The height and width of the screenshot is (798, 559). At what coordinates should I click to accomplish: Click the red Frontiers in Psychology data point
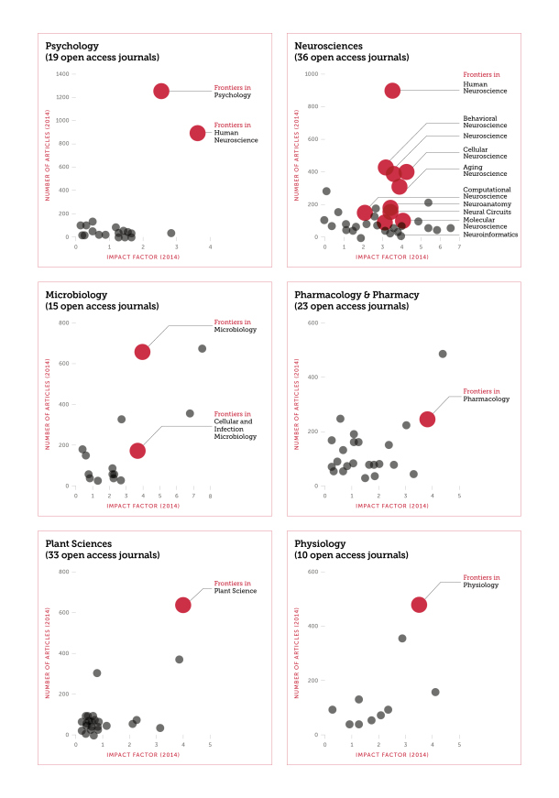(x=161, y=91)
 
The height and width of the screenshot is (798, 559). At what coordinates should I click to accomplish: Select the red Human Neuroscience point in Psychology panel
(x=197, y=133)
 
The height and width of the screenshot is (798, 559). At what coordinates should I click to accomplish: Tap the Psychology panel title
(x=72, y=45)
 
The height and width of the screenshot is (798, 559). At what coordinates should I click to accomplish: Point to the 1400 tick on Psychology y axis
(x=62, y=73)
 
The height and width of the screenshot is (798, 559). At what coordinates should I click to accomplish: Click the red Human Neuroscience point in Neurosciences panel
(x=392, y=91)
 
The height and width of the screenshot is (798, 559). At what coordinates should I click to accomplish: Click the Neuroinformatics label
(x=490, y=235)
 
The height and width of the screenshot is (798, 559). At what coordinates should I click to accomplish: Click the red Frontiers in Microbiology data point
(x=143, y=352)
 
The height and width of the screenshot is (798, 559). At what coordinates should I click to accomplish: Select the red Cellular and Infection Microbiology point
(x=137, y=450)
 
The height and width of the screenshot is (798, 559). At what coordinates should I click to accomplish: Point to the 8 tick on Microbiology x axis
(x=209, y=496)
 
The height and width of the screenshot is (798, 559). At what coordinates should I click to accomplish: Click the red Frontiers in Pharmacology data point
(x=427, y=419)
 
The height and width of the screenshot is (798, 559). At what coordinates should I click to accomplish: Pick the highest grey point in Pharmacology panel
(x=443, y=354)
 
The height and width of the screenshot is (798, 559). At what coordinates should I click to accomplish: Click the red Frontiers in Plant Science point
(x=183, y=605)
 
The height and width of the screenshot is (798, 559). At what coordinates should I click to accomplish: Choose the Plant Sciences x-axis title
(x=143, y=754)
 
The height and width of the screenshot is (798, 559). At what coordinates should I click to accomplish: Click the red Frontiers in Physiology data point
(x=419, y=605)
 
